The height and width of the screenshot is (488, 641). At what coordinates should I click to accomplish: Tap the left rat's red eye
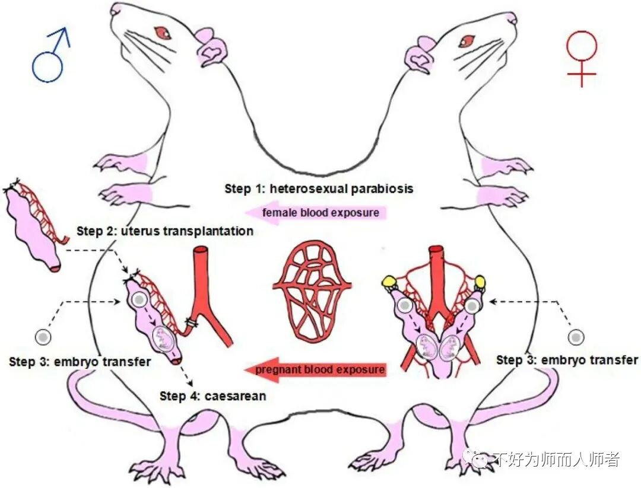coord(162,32)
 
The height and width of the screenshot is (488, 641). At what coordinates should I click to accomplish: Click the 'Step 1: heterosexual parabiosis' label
coord(319,189)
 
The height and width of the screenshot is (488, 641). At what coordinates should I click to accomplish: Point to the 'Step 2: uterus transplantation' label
coord(165,231)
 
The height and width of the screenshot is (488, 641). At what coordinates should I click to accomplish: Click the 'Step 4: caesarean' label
coord(212,395)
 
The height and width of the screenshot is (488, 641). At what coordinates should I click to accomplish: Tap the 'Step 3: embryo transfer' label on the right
coord(567,360)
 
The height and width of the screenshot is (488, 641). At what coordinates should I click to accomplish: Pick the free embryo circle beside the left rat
coord(43,337)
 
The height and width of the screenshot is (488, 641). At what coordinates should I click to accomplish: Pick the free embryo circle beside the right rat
coord(575,337)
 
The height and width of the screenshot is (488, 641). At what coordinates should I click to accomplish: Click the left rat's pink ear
coord(211,51)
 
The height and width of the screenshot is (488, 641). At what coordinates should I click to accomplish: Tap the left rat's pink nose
coord(120,9)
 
